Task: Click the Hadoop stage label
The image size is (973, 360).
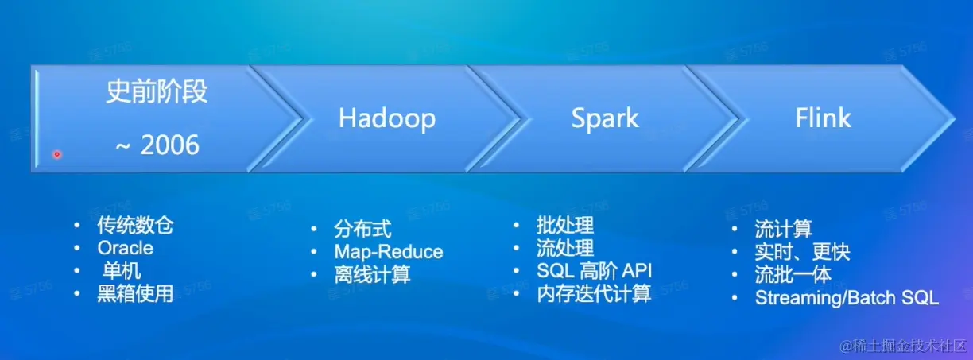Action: coord(387,118)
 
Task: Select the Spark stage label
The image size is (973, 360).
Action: coord(605,118)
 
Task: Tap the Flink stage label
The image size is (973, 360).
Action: coord(823,118)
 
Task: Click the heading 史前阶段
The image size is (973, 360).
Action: coord(157,91)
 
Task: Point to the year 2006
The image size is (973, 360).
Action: coord(170,145)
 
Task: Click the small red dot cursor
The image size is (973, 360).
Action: coord(57,154)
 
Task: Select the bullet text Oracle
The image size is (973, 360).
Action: coord(125,248)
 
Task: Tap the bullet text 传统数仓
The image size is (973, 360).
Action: coord(135,225)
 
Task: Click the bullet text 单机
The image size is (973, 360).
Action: coord(121,271)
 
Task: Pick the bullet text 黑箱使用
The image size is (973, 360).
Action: coord(135,293)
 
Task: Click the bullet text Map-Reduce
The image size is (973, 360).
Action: coord(389,252)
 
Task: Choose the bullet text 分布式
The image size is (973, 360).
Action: coord(362,229)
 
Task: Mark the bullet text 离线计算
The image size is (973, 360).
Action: coord(372,274)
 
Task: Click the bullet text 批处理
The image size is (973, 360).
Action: coord(565,225)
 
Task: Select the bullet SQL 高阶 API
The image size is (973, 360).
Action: coord(595,271)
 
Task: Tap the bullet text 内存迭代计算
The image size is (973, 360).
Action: coord(594,293)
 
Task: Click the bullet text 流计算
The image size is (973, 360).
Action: coord(783,229)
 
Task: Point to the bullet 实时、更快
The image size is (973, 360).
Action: coord(802,252)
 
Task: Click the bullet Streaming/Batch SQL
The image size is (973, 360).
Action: coord(847,298)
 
